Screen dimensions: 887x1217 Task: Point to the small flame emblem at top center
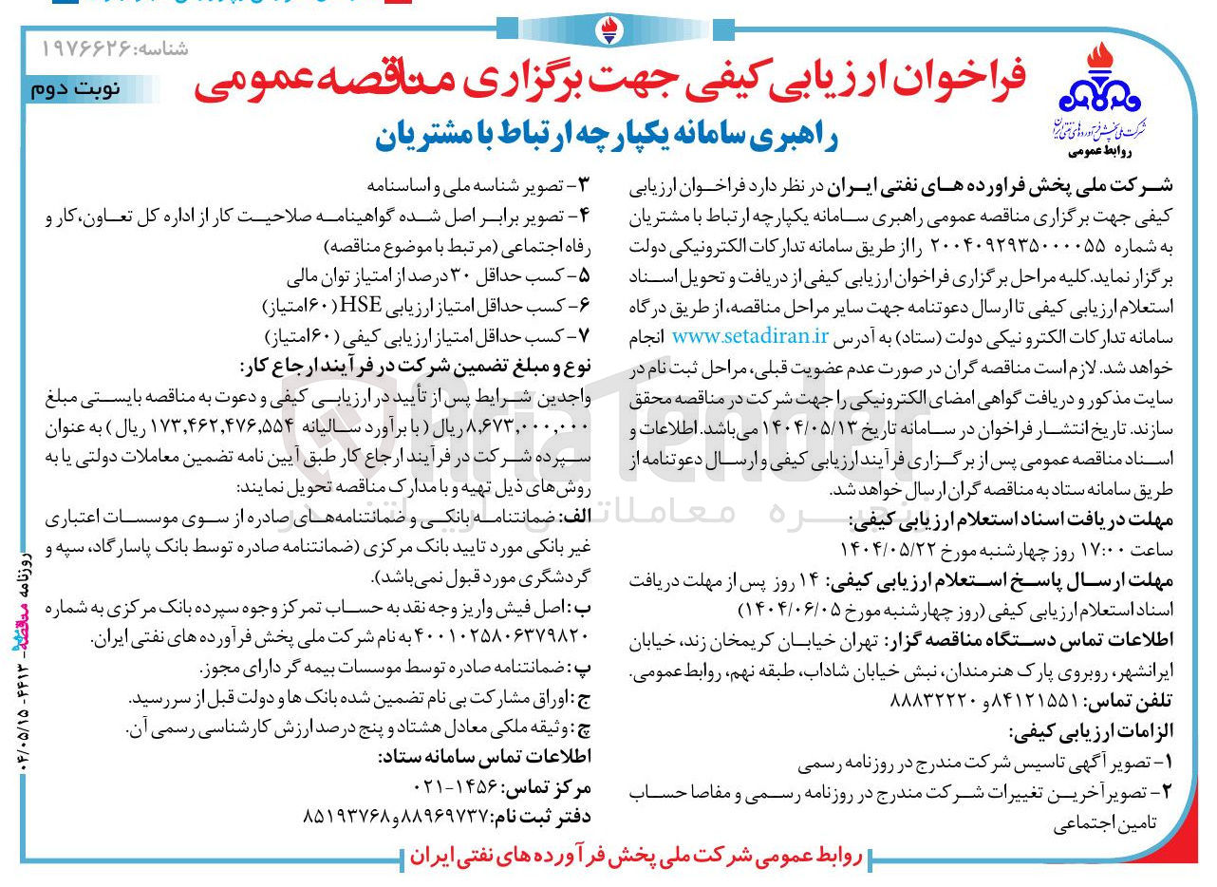point(608,29)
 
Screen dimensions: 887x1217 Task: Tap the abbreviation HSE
point(399,309)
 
